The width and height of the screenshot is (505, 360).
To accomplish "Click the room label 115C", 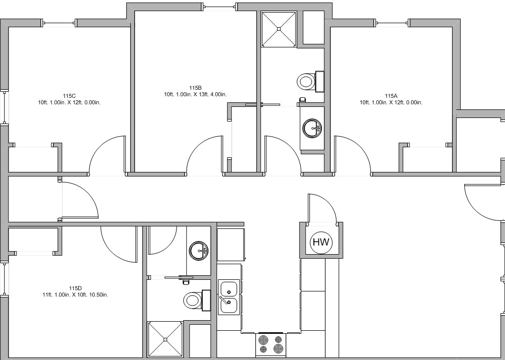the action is (69, 96).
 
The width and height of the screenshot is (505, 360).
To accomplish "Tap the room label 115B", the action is (195, 88).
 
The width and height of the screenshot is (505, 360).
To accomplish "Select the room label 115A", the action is (391, 96).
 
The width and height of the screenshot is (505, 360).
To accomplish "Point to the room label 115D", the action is (75, 288).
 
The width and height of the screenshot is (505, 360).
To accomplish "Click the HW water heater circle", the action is (321, 242).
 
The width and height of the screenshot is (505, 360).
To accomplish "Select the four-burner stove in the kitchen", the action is (271, 344).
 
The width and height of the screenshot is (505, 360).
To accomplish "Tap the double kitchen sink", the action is (230, 297).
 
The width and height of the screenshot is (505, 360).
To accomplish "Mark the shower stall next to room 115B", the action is (279, 29).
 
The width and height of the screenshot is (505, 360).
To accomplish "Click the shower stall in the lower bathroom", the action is (165, 339).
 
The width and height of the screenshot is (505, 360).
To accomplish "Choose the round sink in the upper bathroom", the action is (312, 128).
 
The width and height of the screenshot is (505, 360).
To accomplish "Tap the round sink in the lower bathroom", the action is (199, 250).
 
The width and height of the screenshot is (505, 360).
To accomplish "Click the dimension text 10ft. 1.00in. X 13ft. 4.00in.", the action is (195, 94).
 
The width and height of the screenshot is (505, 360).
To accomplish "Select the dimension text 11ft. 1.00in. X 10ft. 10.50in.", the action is (75, 294).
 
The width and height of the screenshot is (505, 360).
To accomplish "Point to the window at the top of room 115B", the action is (219, 7).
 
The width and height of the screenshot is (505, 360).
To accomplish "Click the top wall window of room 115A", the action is (392, 23).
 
